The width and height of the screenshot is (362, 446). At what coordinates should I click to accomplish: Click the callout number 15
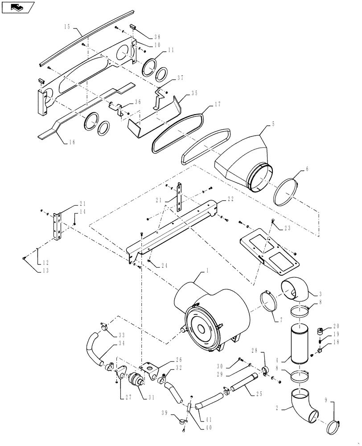click(x=67, y=27)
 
